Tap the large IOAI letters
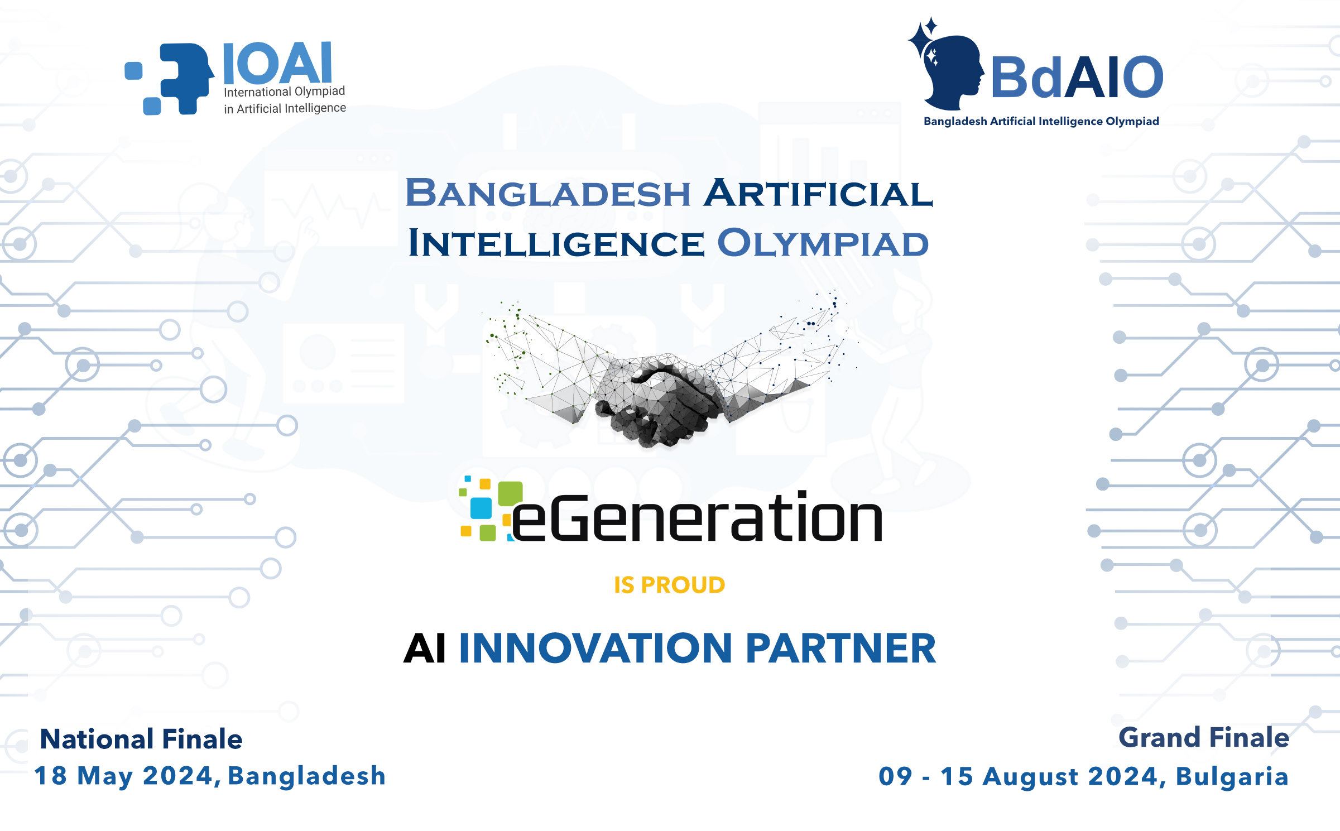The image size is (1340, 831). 278,63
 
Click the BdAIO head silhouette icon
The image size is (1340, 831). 946,64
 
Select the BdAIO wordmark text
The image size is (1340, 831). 1077,77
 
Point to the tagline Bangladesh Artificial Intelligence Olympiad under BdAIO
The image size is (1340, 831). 1041,122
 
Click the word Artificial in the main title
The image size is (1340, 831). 818,193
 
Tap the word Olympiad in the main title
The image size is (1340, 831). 823,243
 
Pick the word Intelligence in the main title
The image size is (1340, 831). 556,243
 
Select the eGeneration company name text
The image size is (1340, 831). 697,516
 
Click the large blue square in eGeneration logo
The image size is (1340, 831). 481,508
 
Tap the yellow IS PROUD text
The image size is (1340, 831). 670,585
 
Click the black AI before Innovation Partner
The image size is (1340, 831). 425,649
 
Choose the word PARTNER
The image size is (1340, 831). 840,649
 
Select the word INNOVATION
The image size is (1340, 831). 595,649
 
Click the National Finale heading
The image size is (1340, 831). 141,739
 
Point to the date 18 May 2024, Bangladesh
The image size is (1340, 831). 210,776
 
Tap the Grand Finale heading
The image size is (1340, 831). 1204,738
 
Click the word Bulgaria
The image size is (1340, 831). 1232,777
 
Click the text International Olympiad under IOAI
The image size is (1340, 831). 285,92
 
